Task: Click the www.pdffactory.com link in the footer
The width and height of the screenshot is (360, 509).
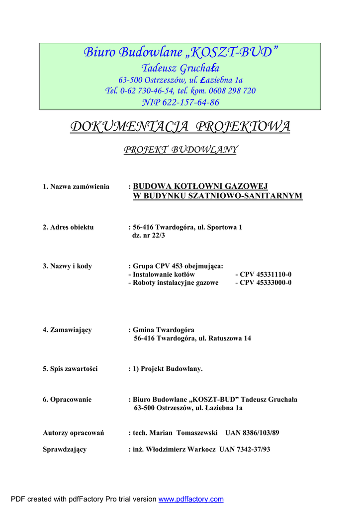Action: click(191, 499)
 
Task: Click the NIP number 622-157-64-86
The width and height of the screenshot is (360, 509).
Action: click(180, 102)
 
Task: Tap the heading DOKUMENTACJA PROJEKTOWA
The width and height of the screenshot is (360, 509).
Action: click(180, 127)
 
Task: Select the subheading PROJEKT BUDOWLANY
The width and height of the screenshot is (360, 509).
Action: click(180, 150)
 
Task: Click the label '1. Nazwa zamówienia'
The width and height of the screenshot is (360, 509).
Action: click(76, 186)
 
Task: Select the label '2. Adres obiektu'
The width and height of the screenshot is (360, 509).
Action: click(68, 227)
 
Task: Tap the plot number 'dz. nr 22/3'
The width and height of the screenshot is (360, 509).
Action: click(149, 235)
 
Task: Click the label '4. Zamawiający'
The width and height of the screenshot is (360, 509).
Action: click(67, 330)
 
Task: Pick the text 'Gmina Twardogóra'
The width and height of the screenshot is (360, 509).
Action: click(164, 330)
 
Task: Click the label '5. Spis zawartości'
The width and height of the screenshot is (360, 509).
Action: click(70, 369)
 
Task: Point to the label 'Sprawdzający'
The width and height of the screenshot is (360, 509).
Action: click(65, 449)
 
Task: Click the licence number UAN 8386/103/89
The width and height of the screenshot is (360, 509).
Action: click(252, 433)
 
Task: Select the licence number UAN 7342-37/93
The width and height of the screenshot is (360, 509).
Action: click(243, 449)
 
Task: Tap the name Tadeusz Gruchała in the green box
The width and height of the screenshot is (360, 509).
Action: click(180, 68)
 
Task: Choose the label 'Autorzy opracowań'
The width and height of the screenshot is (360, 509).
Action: click(73, 433)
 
